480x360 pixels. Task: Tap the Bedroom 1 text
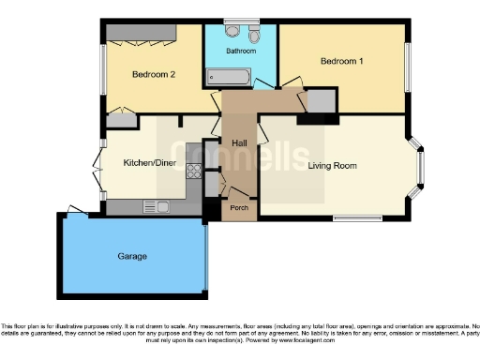341,62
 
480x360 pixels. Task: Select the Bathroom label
241,51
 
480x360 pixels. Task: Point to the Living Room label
332,166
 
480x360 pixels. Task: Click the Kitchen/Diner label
149,162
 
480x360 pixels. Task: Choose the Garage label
132,255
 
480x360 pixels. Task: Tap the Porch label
240,208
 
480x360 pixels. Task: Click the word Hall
239,142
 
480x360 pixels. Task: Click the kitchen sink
155,205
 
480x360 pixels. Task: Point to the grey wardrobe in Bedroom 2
141,32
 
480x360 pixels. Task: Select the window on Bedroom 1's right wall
408,67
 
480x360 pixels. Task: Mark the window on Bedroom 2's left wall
102,69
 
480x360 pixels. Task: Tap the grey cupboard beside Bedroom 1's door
321,100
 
